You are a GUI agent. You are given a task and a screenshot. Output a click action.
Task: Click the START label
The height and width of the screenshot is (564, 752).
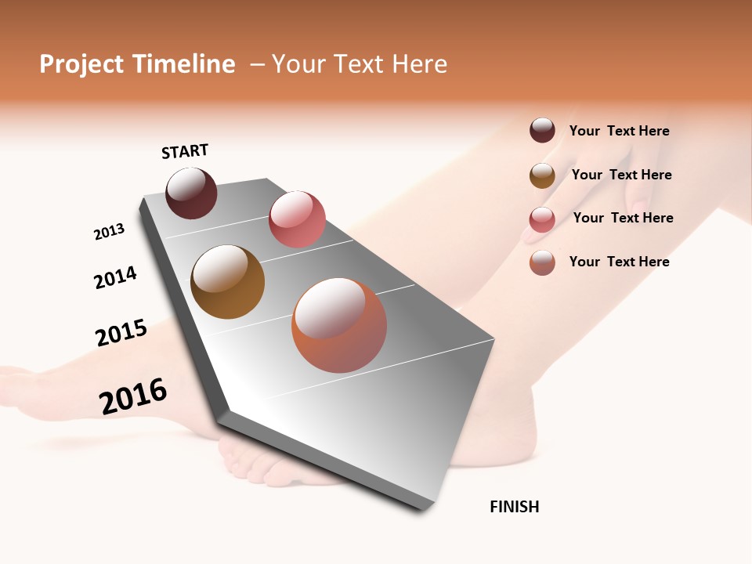tap(185, 151)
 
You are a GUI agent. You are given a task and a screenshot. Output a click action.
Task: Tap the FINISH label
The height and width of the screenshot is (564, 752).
tap(515, 507)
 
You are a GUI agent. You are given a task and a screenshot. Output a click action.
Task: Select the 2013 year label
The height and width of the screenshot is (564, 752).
tap(109, 232)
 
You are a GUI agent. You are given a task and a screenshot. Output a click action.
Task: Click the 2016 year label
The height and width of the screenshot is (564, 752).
tap(133, 396)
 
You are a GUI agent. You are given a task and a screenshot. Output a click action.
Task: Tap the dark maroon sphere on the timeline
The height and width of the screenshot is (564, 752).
tap(191, 193)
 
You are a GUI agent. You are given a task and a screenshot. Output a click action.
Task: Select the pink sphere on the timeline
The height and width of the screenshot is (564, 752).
tap(297, 219)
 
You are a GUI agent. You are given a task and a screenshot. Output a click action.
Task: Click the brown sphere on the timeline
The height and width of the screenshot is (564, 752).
tap(227, 282)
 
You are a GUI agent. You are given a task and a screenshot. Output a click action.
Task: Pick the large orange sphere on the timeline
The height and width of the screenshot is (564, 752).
tap(339, 325)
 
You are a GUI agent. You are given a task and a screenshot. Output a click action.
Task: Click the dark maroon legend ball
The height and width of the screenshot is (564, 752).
tap(542, 131)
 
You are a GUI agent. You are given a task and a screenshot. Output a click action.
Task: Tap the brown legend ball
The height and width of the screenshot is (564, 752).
tap(542, 175)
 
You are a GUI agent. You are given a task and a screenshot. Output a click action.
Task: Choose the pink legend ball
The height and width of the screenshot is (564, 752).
tap(542, 219)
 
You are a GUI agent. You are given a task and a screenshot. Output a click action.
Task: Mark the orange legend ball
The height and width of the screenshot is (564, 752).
tap(542, 262)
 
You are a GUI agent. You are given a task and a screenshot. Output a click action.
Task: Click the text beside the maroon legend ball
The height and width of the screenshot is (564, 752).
tap(619, 131)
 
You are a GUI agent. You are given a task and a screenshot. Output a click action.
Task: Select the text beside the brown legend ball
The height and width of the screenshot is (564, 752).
tap(621, 175)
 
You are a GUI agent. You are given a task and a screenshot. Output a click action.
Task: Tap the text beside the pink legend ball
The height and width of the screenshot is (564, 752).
tap(623, 218)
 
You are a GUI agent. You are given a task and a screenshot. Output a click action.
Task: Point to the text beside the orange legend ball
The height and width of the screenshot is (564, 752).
tap(619, 262)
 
